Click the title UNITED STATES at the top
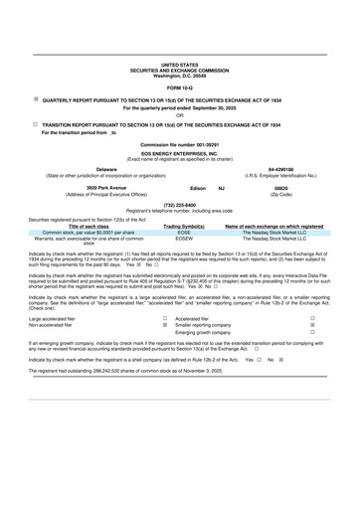click(x=179, y=63)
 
